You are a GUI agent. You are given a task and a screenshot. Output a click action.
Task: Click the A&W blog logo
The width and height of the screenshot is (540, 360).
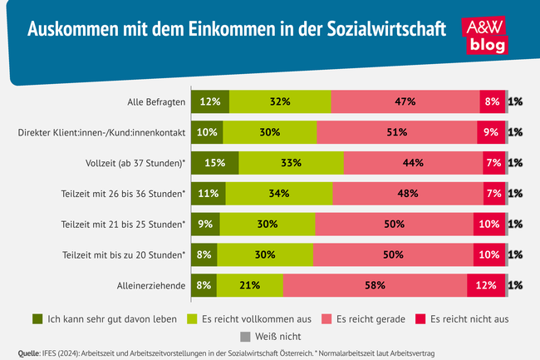point(492,35)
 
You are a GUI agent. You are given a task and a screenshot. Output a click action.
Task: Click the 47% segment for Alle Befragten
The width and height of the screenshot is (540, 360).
point(405,101)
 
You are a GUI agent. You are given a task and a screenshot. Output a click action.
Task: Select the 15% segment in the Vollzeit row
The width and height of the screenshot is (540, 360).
point(214,162)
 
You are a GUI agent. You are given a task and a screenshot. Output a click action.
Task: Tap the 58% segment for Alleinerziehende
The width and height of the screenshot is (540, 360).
point(374,285)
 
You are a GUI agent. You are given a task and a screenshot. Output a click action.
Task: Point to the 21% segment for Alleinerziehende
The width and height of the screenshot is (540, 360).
point(249,285)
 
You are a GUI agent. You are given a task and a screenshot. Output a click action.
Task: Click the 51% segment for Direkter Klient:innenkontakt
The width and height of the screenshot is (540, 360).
point(396,131)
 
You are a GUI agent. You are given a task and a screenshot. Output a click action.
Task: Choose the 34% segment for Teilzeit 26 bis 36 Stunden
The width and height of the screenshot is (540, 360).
point(278,193)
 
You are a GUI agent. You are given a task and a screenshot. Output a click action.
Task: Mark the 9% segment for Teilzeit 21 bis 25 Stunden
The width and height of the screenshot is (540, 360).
point(205,224)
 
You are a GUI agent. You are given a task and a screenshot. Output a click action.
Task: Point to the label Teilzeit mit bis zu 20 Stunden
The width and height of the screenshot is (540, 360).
point(123,254)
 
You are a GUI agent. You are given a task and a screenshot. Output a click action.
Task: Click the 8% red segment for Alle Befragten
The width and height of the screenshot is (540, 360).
point(492,101)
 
